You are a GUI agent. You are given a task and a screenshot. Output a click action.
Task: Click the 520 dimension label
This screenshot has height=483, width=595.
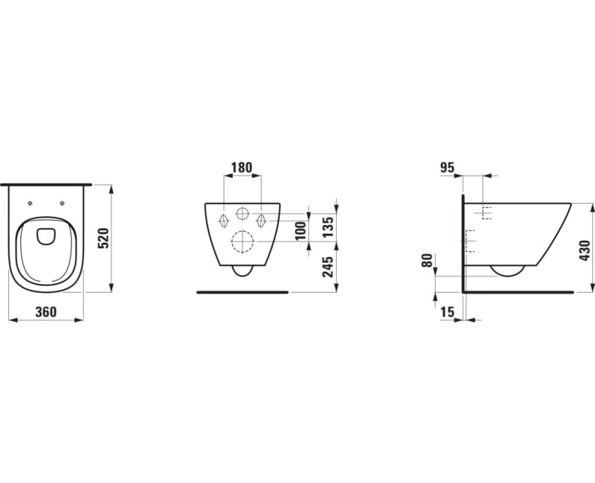(x=105, y=239)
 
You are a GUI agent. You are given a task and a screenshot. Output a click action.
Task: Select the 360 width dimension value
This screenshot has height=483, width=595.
(x=46, y=312)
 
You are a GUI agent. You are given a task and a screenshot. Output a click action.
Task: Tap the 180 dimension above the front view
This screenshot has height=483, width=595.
(x=242, y=169)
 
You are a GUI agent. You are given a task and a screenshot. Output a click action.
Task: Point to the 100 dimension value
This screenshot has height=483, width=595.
(x=301, y=230)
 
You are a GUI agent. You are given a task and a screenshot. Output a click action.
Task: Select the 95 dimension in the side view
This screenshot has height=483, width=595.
(x=447, y=168)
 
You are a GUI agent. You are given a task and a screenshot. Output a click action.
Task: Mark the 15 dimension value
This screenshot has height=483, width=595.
(x=447, y=313)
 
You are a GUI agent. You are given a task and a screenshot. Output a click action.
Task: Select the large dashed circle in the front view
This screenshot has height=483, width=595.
(x=242, y=241)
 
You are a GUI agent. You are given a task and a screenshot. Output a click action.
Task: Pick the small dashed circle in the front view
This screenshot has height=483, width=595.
(x=242, y=215)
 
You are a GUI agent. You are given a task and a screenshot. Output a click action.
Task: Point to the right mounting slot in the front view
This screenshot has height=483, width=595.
(x=261, y=220)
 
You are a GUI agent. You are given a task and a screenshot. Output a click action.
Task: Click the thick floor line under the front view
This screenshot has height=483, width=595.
(x=242, y=292)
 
